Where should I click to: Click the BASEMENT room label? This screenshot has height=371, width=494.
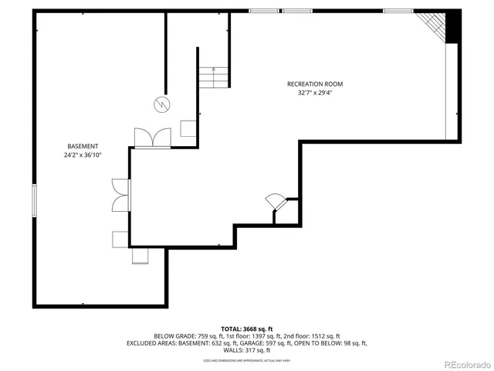click(83, 146)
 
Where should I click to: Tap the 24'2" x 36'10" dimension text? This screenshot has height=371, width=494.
click(83, 155)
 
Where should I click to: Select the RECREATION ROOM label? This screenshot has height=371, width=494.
click(315, 83)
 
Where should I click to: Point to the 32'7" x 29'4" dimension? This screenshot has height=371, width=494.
click(315, 93)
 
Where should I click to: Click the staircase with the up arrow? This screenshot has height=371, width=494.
click(214, 77)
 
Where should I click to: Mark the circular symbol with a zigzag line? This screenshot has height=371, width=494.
click(162, 103)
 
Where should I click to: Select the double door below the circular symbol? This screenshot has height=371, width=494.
click(152, 138)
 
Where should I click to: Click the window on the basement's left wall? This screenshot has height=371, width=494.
click(33, 200)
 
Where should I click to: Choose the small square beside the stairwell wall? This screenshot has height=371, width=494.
click(188, 129)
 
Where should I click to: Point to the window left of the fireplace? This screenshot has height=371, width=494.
click(398, 11)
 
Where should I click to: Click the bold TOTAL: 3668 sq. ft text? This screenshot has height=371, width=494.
click(247, 328)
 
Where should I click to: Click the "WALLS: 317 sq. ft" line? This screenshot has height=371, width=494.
click(247, 350)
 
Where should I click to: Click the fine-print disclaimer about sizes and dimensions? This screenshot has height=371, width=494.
click(247, 360)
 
